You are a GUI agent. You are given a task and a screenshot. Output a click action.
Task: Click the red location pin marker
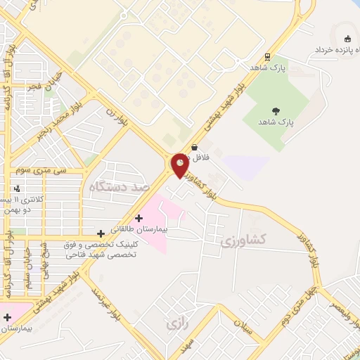coord(180,165)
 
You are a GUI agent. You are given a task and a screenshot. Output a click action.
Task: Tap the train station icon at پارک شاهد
coord(267,57)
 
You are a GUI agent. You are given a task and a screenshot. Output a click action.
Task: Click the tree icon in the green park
coord(274,110)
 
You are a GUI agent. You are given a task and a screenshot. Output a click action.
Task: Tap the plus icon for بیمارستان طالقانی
coord(139,218)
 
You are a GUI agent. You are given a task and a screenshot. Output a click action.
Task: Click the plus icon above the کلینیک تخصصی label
coord(101,233)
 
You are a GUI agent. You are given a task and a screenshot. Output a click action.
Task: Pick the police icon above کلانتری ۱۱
coord(16,188)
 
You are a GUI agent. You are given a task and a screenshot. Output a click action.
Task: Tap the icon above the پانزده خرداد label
coord(346,38)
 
